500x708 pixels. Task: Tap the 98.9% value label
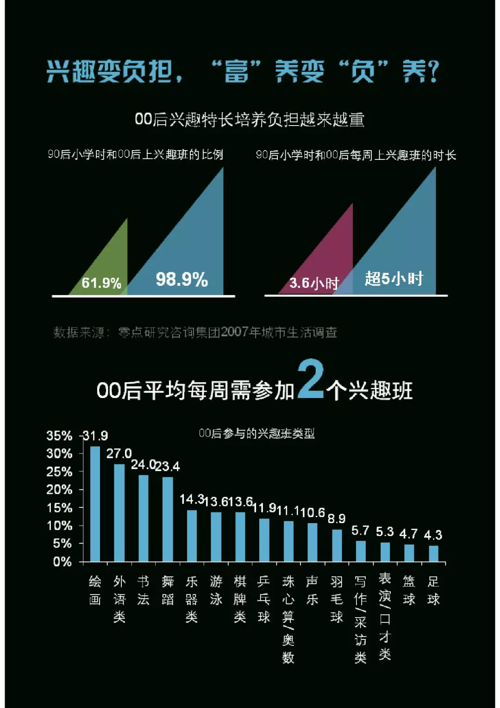[181, 279]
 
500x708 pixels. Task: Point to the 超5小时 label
[394, 278]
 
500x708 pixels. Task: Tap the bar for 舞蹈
[168, 519]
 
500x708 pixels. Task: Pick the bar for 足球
[433, 554]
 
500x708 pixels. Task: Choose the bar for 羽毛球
[337, 545]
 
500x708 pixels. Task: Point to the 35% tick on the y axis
[59, 436]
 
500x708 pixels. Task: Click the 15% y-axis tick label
[59, 508]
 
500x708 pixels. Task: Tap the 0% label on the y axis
[62, 562]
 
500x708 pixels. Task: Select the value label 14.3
[192, 499]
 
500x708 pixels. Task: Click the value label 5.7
[360, 531]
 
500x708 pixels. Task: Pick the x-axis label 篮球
[409, 590]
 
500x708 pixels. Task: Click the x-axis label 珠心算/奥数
[288, 619]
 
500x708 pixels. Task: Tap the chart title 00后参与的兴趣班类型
[256, 434]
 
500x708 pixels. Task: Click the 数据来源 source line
[195, 332]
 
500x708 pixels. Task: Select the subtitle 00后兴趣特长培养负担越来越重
[250, 120]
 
